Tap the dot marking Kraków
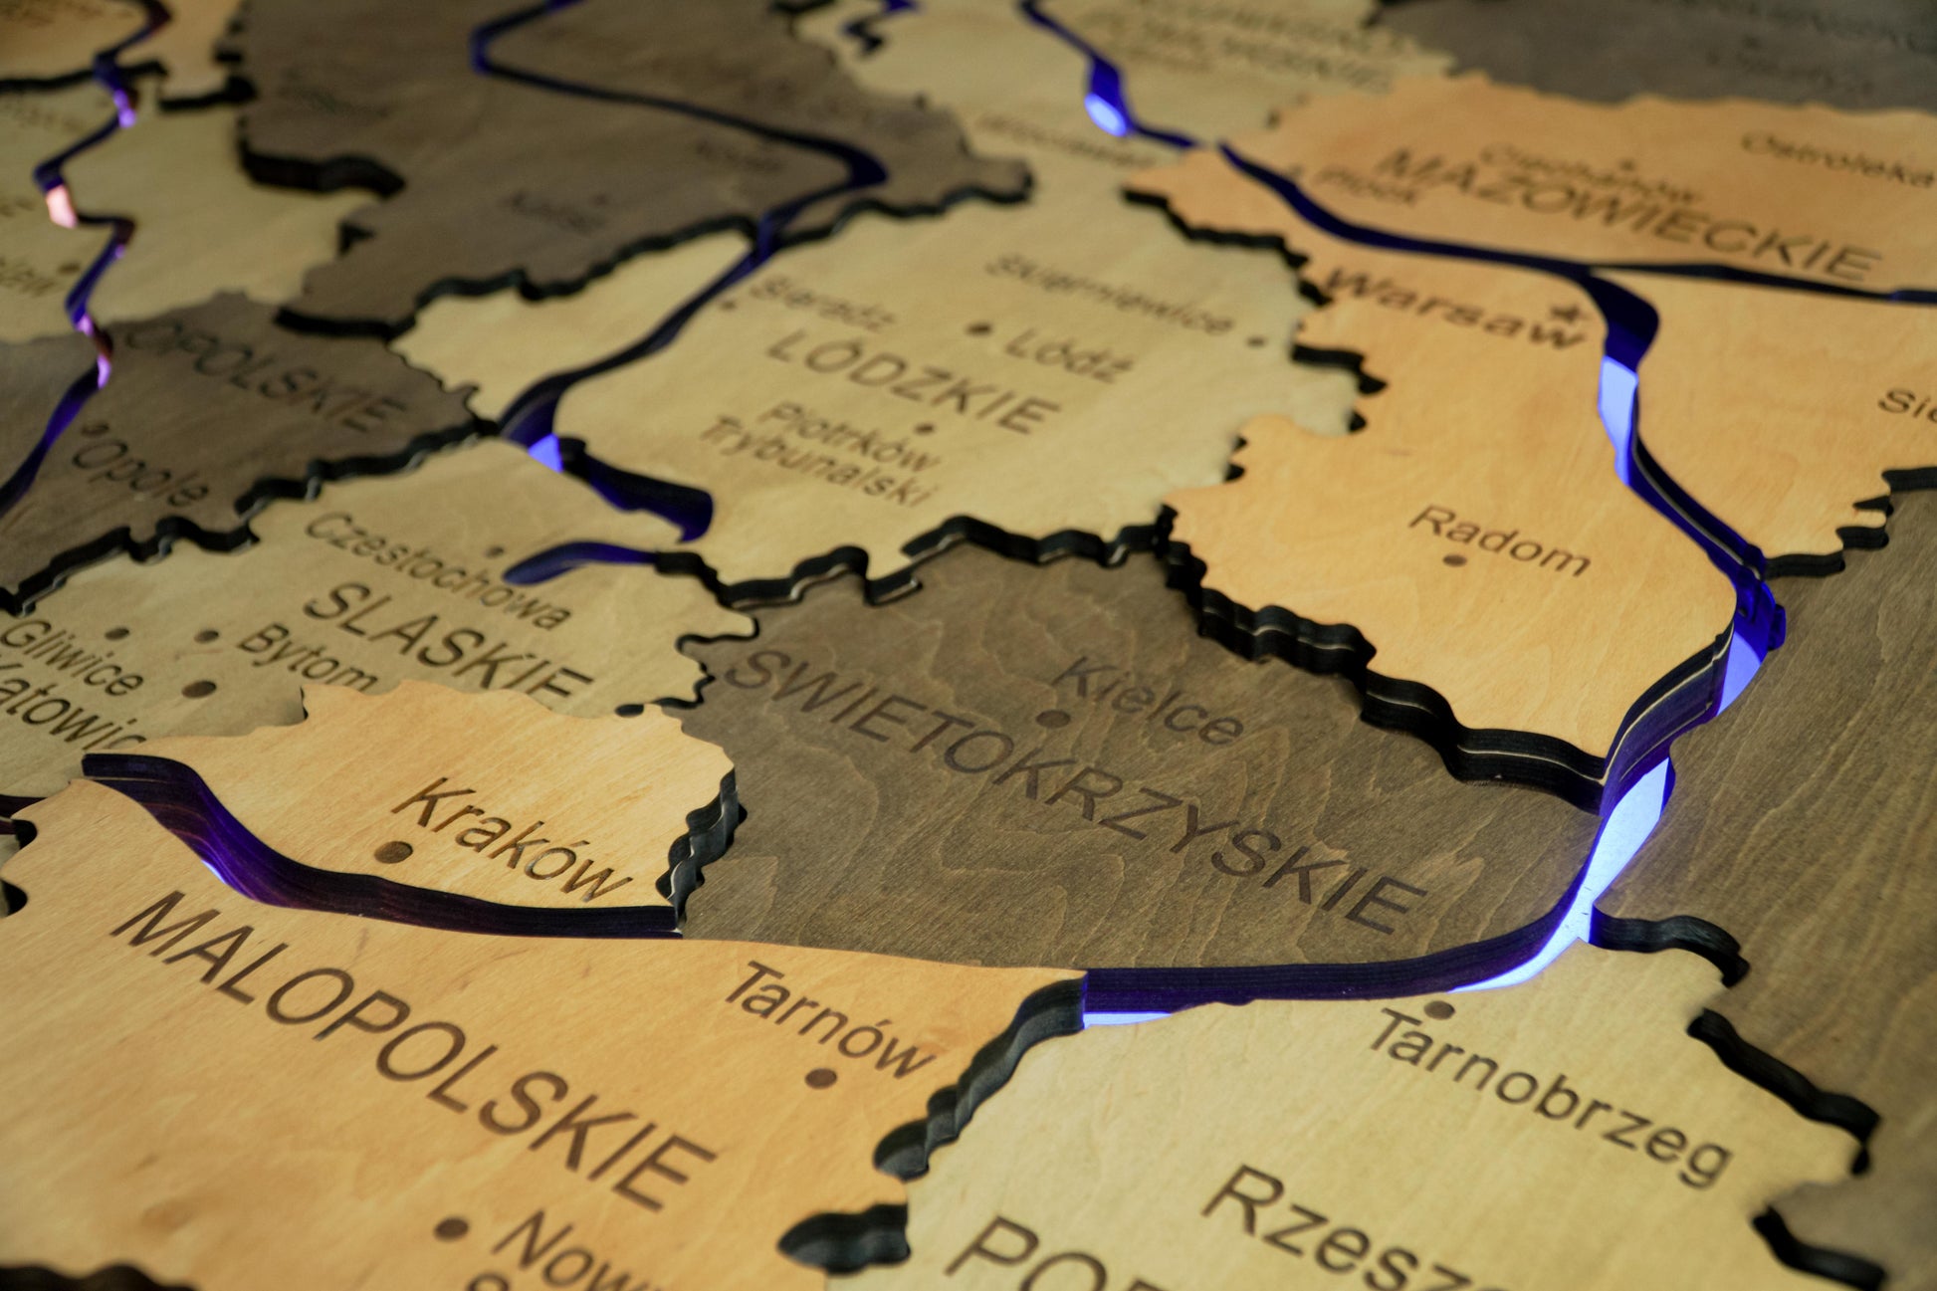[394, 852]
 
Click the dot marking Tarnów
[820, 1077]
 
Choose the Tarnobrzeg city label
[1548, 1095]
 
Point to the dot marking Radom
[1454, 559]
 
